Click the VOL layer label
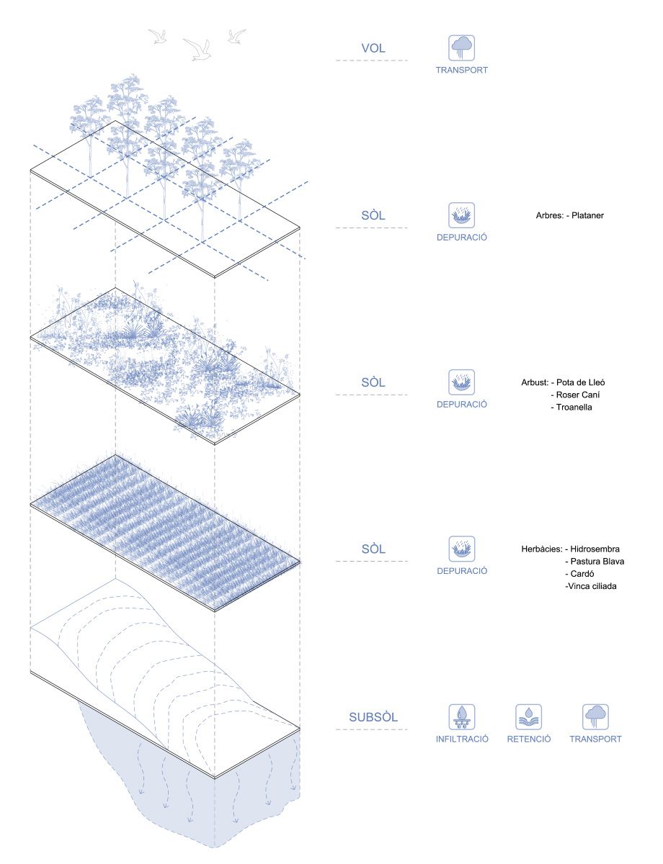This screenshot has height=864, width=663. [x=373, y=49]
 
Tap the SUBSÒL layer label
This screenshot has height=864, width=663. [x=373, y=717]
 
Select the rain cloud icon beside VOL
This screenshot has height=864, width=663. [x=461, y=48]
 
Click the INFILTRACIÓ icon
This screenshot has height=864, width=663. [x=461, y=717]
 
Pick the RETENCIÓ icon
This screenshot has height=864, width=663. [x=528, y=717]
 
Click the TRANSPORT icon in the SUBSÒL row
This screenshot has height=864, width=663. [x=595, y=717]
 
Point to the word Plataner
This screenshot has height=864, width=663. [x=589, y=215]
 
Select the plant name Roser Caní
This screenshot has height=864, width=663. [x=579, y=395]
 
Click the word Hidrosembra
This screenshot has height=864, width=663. [x=595, y=549]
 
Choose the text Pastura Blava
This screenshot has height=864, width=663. [x=597, y=562]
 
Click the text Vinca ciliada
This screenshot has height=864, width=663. [x=592, y=587]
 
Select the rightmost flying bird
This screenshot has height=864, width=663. [x=236, y=35]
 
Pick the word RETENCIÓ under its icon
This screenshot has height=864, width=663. [x=528, y=739]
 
